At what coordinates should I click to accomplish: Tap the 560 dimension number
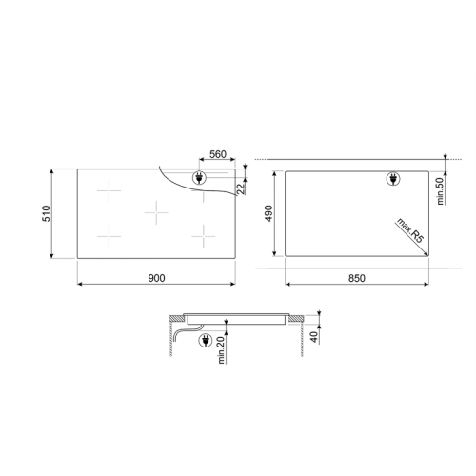[x=216, y=155]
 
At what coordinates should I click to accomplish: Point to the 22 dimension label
[x=242, y=188]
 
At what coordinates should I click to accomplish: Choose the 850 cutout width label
[x=355, y=277]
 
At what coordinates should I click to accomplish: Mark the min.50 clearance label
[x=441, y=190]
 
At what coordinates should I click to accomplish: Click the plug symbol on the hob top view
[x=201, y=177]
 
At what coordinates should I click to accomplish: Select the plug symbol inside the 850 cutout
[x=392, y=179]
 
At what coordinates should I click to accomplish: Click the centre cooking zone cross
[x=156, y=213]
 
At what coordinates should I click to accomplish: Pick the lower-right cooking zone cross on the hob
[x=201, y=235]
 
